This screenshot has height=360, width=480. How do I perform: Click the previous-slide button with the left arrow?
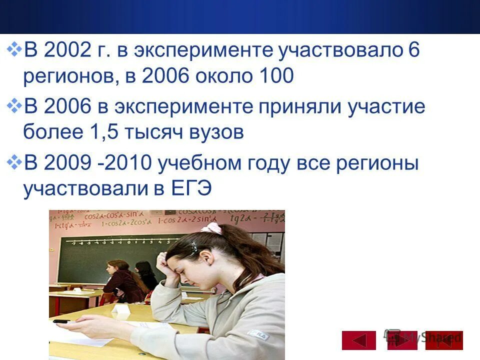pos(358,340)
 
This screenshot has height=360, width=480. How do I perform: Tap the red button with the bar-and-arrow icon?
pos(444,340)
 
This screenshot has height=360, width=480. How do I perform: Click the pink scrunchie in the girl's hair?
pos(211,228)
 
